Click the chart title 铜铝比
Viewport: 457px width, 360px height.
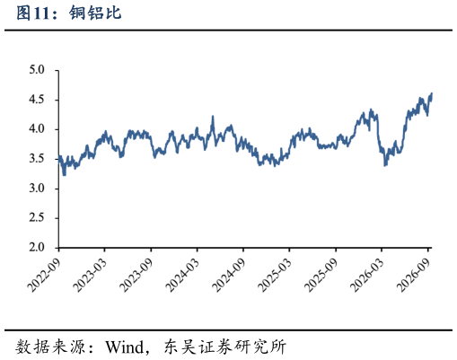(x=95, y=13)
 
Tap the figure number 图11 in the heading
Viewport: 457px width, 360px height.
(x=33, y=13)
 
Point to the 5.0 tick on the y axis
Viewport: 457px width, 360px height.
(x=37, y=70)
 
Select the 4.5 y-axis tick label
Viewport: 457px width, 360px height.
(x=37, y=100)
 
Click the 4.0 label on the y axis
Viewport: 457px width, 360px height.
(x=37, y=129)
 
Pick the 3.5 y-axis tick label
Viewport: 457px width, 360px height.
(x=37, y=159)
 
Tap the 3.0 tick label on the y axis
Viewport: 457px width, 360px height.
(x=37, y=189)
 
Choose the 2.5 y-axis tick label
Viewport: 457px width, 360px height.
(x=37, y=217)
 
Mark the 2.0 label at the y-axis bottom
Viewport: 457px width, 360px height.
(x=37, y=247)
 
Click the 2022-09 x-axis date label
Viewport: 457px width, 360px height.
(x=44, y=275)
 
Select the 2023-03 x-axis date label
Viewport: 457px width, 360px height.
(x=90, y=275)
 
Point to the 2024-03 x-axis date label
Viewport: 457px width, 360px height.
(x=182, y=275)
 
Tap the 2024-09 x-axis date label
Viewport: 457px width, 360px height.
(x=229, y=275)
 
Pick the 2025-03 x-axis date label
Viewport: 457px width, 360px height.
(x=275, y=275)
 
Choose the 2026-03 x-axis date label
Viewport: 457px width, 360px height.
(x=367, y=275)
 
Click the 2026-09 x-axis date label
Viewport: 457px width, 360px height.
(x=413, y=275)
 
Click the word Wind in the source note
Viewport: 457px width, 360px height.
(x=125, y=347)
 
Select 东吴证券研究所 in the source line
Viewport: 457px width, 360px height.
(x=225, y=347)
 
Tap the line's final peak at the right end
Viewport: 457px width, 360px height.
(x=432, y=93)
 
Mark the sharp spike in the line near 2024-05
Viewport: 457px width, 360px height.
(x=213, y=116)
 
